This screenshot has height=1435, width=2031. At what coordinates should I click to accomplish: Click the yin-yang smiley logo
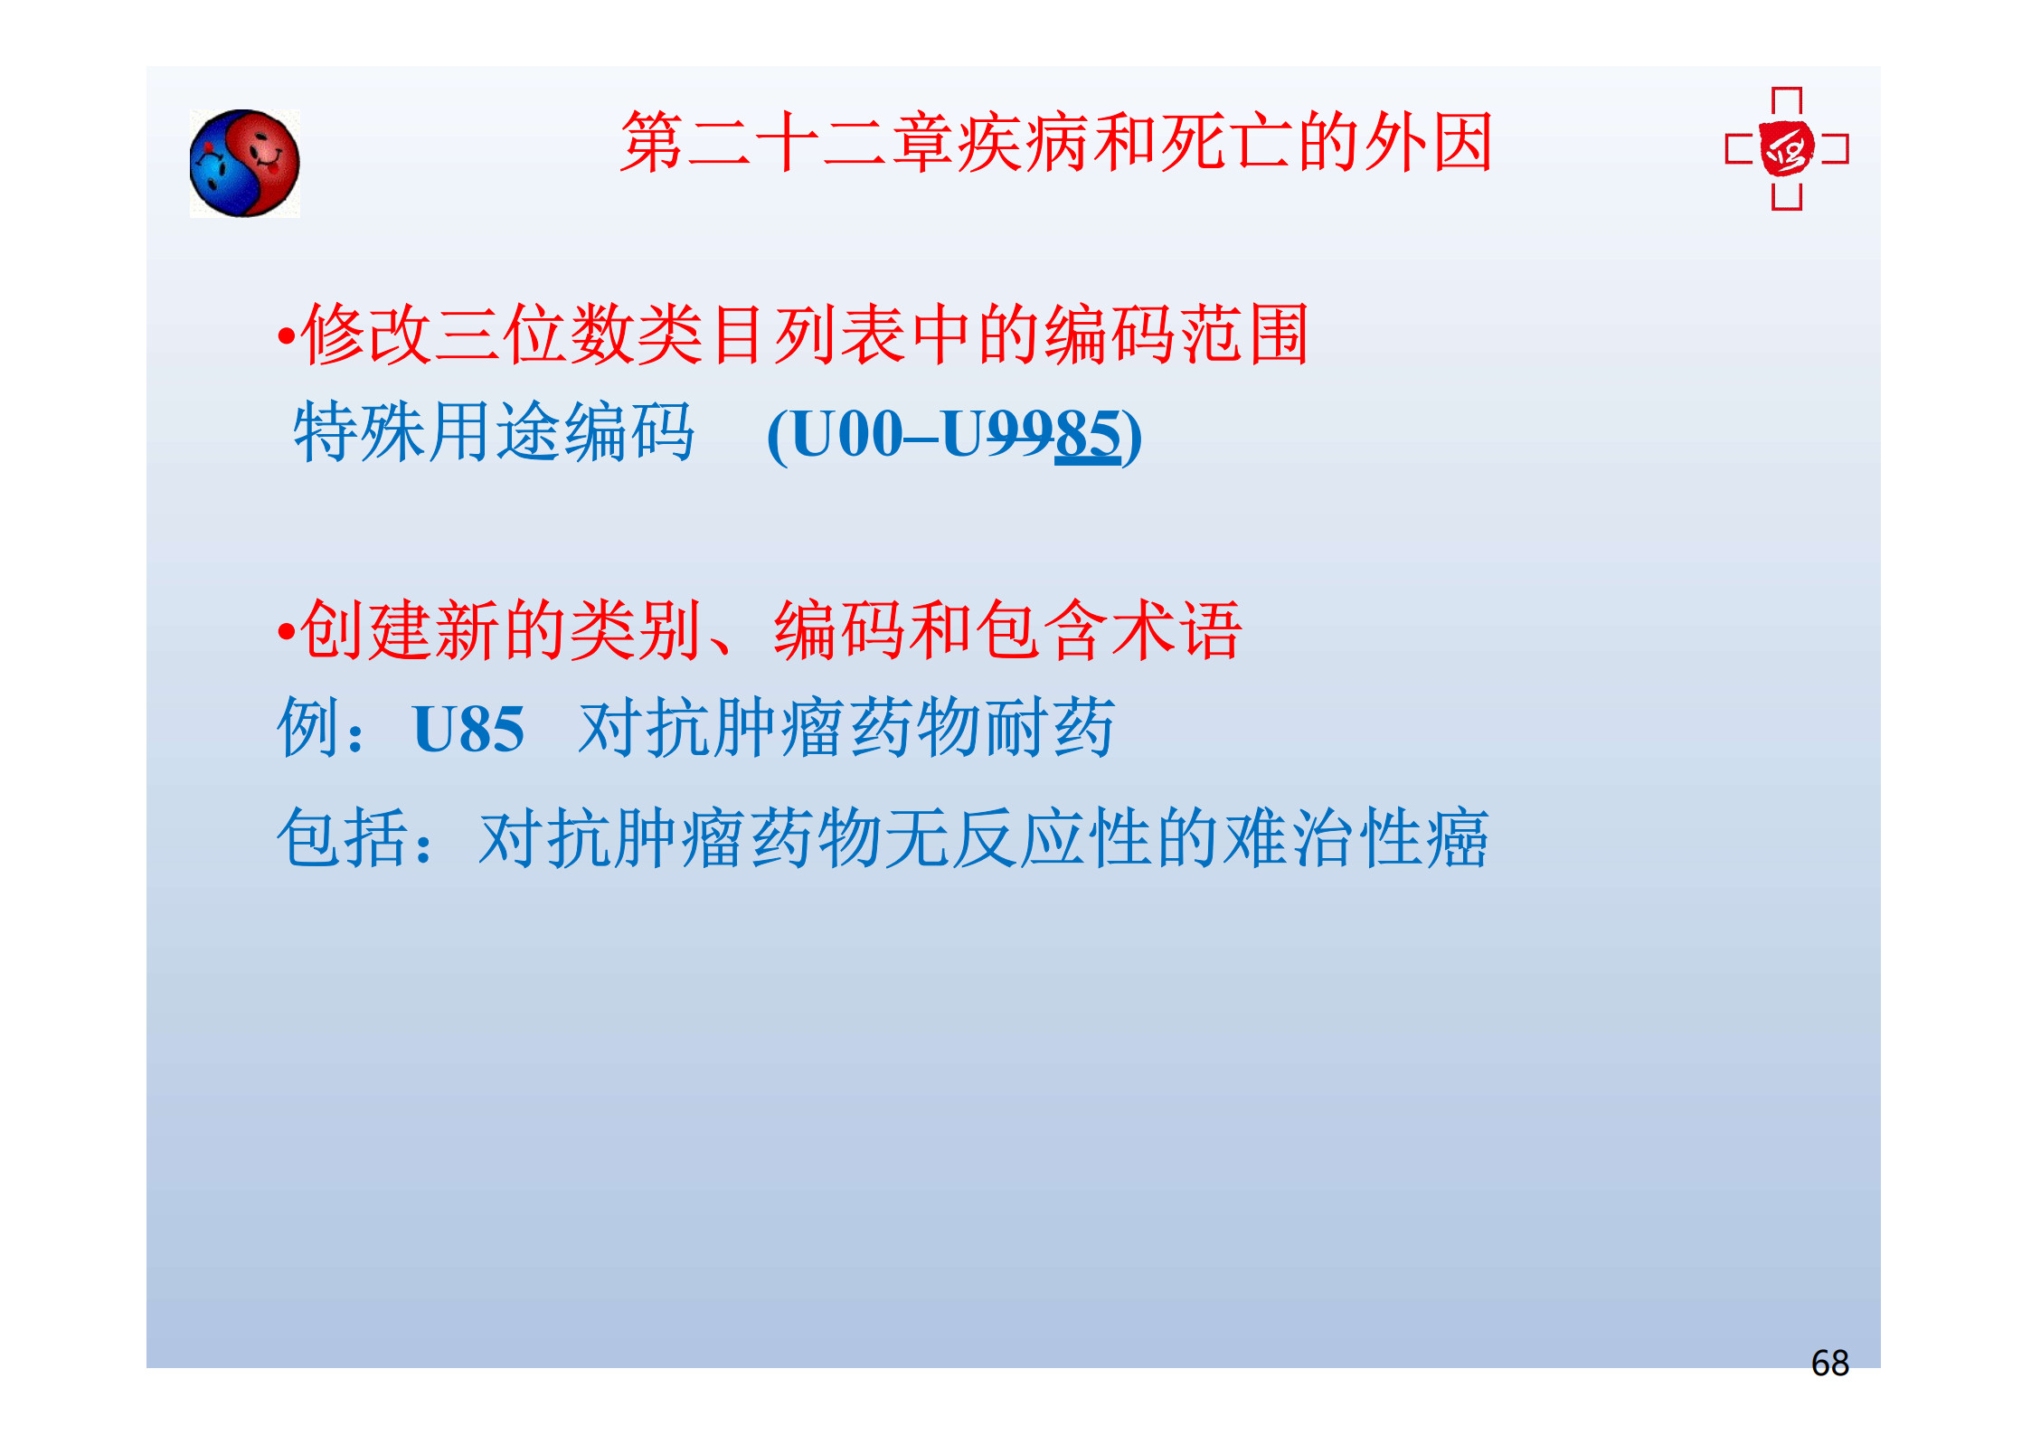(244, 164)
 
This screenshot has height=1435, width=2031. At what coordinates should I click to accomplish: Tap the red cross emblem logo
(1787, 149)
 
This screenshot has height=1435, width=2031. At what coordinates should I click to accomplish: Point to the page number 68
(1829, 1363)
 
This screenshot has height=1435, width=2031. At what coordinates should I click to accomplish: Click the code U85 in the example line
(468, 729)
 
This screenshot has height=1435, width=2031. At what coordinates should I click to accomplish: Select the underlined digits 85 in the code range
(1088, 435)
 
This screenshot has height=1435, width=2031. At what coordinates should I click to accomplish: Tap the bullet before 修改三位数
(287, 337)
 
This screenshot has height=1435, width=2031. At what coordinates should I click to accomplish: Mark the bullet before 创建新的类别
(287, 631)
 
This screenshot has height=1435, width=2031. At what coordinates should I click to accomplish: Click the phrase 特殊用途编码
(495, 432)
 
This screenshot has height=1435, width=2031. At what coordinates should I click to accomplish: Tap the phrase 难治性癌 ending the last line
(1356, 838)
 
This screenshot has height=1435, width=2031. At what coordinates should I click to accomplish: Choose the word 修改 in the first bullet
(366, 334)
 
